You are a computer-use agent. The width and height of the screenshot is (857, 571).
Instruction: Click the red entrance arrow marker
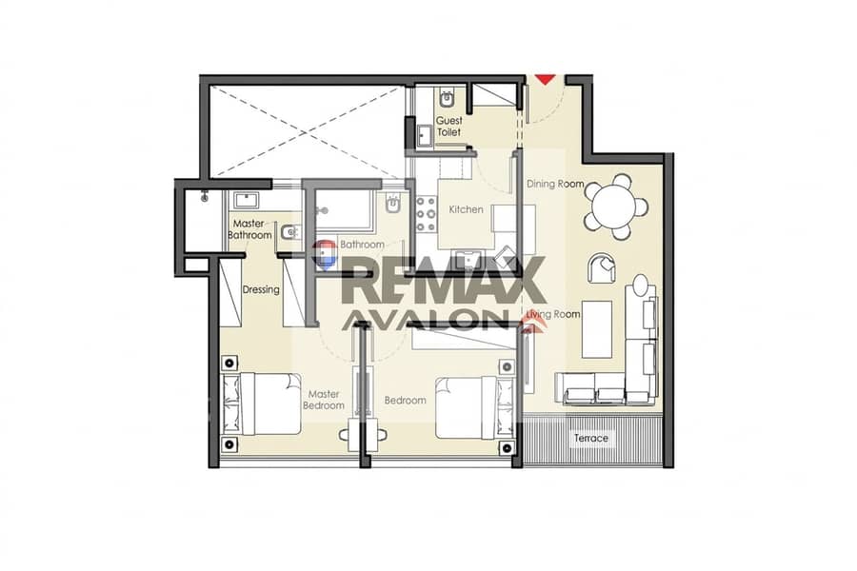pyautogui.click(x=545, y=80)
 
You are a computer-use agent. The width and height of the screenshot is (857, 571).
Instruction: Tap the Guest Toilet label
pyautogui.click(x=448, y=127)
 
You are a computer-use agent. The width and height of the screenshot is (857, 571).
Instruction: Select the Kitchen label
pyautogui.click(x=466, y=209)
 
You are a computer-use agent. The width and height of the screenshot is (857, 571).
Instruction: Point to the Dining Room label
pyautogui.click(x=555, y=184)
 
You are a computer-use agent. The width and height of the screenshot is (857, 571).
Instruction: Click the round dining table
pyautogui.click(x=615, y=207)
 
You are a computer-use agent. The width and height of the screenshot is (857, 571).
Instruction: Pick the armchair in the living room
pyautogui.click(x=601, y=268)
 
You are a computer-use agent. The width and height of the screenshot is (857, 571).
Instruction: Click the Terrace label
pyautogui.click(x=590, y=438)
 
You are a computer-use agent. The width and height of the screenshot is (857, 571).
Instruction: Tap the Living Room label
pyautogui.click(x=552, y=314)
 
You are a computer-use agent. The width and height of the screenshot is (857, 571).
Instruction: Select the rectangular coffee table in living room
pyautogui.click(x=597, y=329)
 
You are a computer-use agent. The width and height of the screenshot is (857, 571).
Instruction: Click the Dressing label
pyautogui.click(x=261, y=289)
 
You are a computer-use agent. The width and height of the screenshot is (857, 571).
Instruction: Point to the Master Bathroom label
pyautogui.click(x=249, y=229)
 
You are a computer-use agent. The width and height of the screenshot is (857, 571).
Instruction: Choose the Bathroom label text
pyautogui.click(x=362, y=245)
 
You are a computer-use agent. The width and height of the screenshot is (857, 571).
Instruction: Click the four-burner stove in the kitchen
pyautogui.click(x=427, y=214)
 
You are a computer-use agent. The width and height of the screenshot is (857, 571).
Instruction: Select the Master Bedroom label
pyautogui.click(x=324, y=400)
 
